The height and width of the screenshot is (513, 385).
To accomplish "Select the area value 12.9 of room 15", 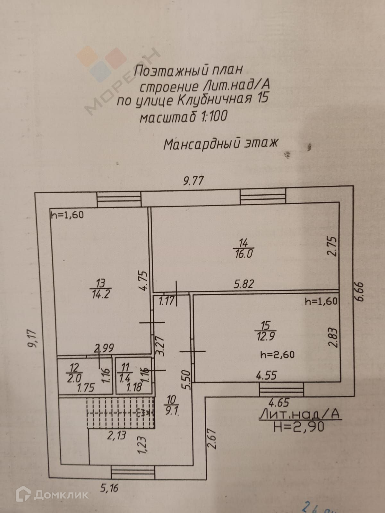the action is (265, 336).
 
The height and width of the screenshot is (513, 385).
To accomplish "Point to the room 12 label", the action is (74, 367).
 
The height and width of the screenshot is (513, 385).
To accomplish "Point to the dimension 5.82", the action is (244, 284).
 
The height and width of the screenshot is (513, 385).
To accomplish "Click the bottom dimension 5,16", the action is (110, 488).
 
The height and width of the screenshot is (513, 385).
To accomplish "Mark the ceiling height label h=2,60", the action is (277, 354).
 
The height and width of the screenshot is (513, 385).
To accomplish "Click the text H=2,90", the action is (299, 427).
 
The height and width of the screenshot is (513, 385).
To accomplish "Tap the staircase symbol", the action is (121, 412).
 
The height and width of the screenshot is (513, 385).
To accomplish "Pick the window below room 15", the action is (281, 390).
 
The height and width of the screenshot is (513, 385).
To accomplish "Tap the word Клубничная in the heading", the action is (214, 100).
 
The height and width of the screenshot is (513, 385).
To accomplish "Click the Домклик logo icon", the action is (23, 495).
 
